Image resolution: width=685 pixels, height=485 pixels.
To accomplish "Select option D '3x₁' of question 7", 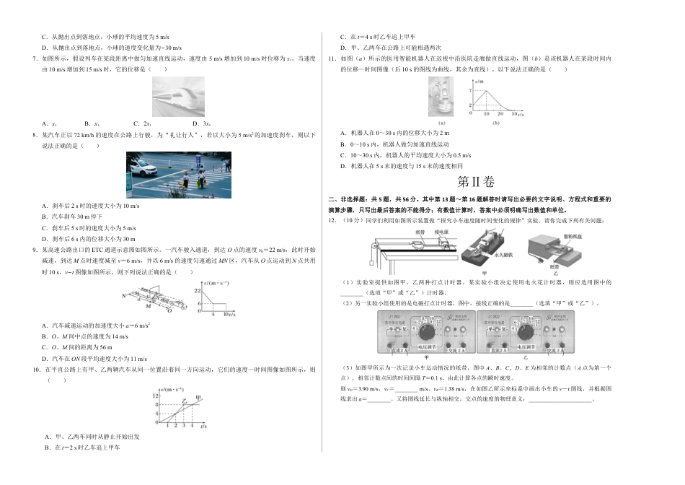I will (189, 123).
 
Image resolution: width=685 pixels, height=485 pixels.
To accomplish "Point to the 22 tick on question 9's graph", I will (197, 289).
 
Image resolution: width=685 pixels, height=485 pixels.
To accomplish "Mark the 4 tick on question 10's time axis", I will (191, 426).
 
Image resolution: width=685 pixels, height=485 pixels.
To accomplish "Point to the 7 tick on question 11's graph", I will (469, 89).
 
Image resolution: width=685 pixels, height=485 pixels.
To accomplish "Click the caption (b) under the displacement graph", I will (495, 123).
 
